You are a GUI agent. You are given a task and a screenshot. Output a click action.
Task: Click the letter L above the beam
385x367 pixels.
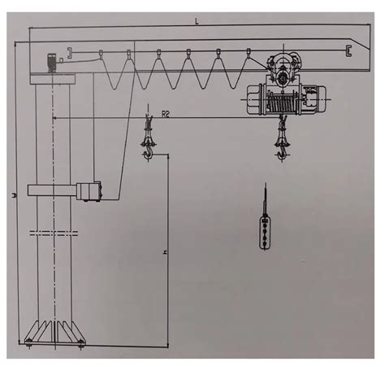(x=196, y=22)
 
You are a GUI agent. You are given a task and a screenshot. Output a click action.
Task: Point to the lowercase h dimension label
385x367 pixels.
(x=165, y=253)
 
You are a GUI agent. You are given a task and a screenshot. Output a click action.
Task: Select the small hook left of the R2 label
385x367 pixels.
(x=147, y=144)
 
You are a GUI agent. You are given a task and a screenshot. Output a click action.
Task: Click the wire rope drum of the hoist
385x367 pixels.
(x=284, y=100)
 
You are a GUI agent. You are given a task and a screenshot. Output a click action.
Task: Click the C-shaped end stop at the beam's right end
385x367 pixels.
(x=348, y=51)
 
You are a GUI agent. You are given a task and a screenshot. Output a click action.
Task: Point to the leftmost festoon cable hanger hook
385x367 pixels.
(x=71, y=54)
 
